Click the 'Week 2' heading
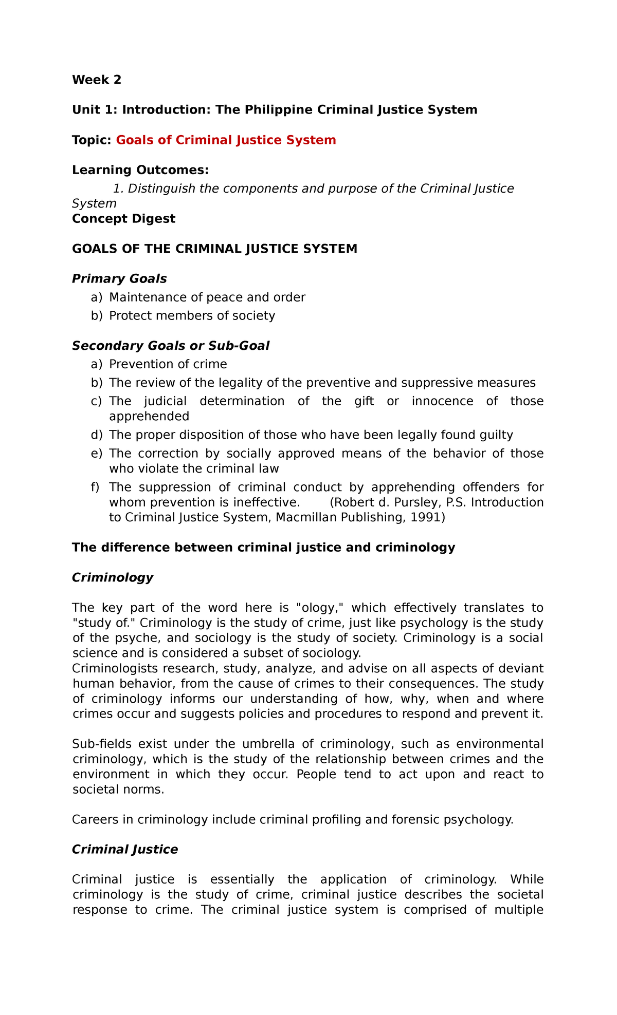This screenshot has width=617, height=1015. (x=97, y=80)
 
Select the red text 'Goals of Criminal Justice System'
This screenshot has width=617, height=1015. (x=226, y=140)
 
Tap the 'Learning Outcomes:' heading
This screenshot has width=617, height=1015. (x=140, y=170)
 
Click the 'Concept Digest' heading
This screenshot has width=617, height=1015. (x=123, y=218)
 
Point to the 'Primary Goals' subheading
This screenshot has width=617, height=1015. (x=119, y=278)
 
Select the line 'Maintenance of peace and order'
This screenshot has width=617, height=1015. (x=207, y=297)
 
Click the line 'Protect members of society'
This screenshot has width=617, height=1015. (x=192, y=315)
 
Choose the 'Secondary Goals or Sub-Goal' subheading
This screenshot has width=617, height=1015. (x=171, y=346)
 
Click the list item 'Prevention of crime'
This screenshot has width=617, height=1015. (x=168, y=364)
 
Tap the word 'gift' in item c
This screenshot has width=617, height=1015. (x=364, y=401)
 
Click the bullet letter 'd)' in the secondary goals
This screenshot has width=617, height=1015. (x=97, y=435)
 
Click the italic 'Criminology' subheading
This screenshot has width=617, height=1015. (x=113, y=577)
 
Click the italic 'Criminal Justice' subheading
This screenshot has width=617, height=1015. (x=125, y=849)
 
